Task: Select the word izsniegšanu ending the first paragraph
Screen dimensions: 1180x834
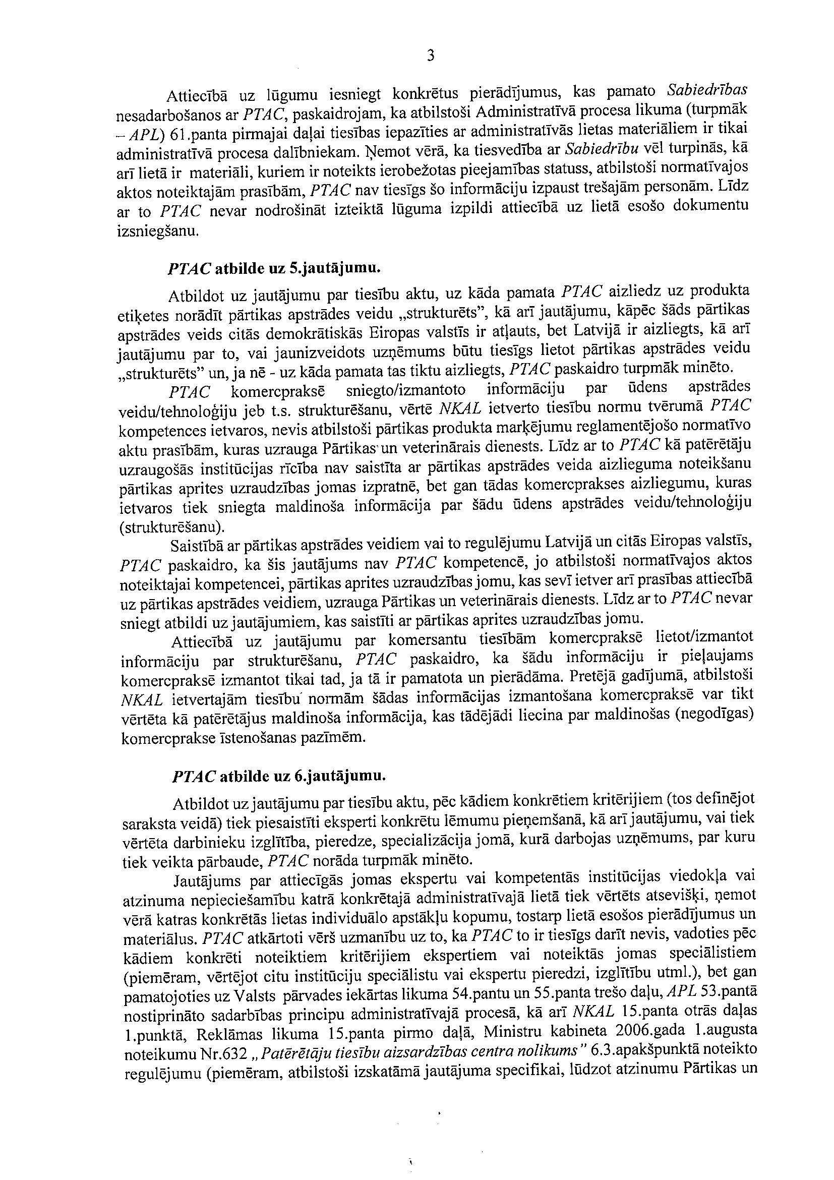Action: [157, 231]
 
